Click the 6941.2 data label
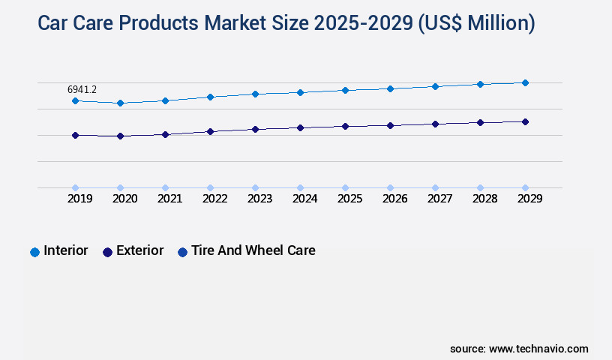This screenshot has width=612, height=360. tap(82, 89)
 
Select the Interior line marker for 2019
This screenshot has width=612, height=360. tap(75, 100)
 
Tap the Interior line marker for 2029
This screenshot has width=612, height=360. tap(525, 82)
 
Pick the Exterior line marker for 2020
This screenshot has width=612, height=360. tap(120, 136)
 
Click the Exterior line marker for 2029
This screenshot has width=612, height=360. tap(525, 121)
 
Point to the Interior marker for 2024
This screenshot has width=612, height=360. tap(300, 92)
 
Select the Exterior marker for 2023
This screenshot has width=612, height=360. tap(255, 129)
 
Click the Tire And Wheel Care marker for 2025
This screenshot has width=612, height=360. tap(345, 187)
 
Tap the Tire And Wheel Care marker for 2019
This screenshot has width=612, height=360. tap(75, 187)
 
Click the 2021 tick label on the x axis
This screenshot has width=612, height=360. tap(169, 199)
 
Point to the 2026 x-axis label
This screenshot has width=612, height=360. tap(394, 199)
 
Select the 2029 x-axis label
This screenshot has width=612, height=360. tap(529, 199)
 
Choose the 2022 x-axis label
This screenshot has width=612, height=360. tap(214, 199)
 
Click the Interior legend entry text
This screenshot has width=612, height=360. tap(66, 250)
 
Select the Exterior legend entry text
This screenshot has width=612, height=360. tap(139, 250)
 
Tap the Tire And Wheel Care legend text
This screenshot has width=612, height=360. tap(253, 250)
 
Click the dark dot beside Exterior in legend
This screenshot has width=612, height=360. tap(107, 252)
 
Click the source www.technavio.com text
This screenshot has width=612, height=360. tap(519, 349)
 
